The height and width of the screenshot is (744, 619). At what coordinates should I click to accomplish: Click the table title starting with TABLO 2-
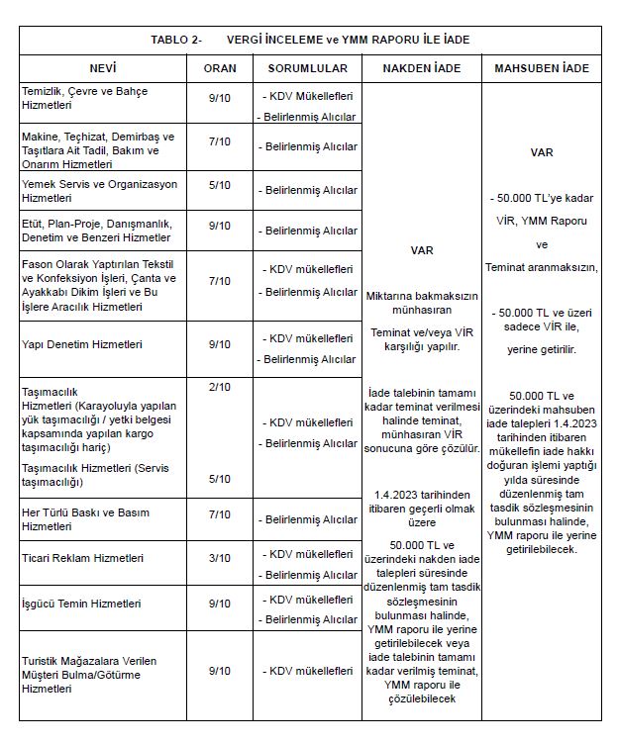[x=309, y=40]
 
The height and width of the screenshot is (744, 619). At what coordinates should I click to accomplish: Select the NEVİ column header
[x=103, y=68]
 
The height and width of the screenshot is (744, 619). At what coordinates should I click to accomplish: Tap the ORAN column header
[x=219, y=68]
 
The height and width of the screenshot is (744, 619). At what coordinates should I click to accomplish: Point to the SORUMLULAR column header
[x=307, y=68]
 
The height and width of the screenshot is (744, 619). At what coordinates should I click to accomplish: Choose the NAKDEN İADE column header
[x=422, y=68]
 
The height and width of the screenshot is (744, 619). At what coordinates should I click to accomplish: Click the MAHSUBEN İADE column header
[x=542, y=68]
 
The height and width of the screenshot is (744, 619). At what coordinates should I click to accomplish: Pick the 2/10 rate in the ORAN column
[x=219, y=386]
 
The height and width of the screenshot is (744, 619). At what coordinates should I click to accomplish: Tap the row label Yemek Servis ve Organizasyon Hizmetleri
[x=99, y=191]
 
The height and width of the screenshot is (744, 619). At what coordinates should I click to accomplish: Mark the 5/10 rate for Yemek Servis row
[x=219, y=185]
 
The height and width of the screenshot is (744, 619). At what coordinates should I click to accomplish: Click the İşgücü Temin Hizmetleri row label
[x=81, y=603]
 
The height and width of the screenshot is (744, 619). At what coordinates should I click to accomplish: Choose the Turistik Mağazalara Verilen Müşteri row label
[x=89, y=674]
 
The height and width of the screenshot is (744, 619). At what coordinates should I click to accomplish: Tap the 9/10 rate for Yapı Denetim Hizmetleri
[x=219, y=344]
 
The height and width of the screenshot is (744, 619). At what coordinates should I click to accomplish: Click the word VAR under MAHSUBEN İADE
[x=541, y=153]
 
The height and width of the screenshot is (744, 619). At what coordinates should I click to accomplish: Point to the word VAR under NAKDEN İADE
[x=422, y=250]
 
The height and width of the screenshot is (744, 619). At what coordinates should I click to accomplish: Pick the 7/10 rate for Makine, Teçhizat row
[x=219, y=142]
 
